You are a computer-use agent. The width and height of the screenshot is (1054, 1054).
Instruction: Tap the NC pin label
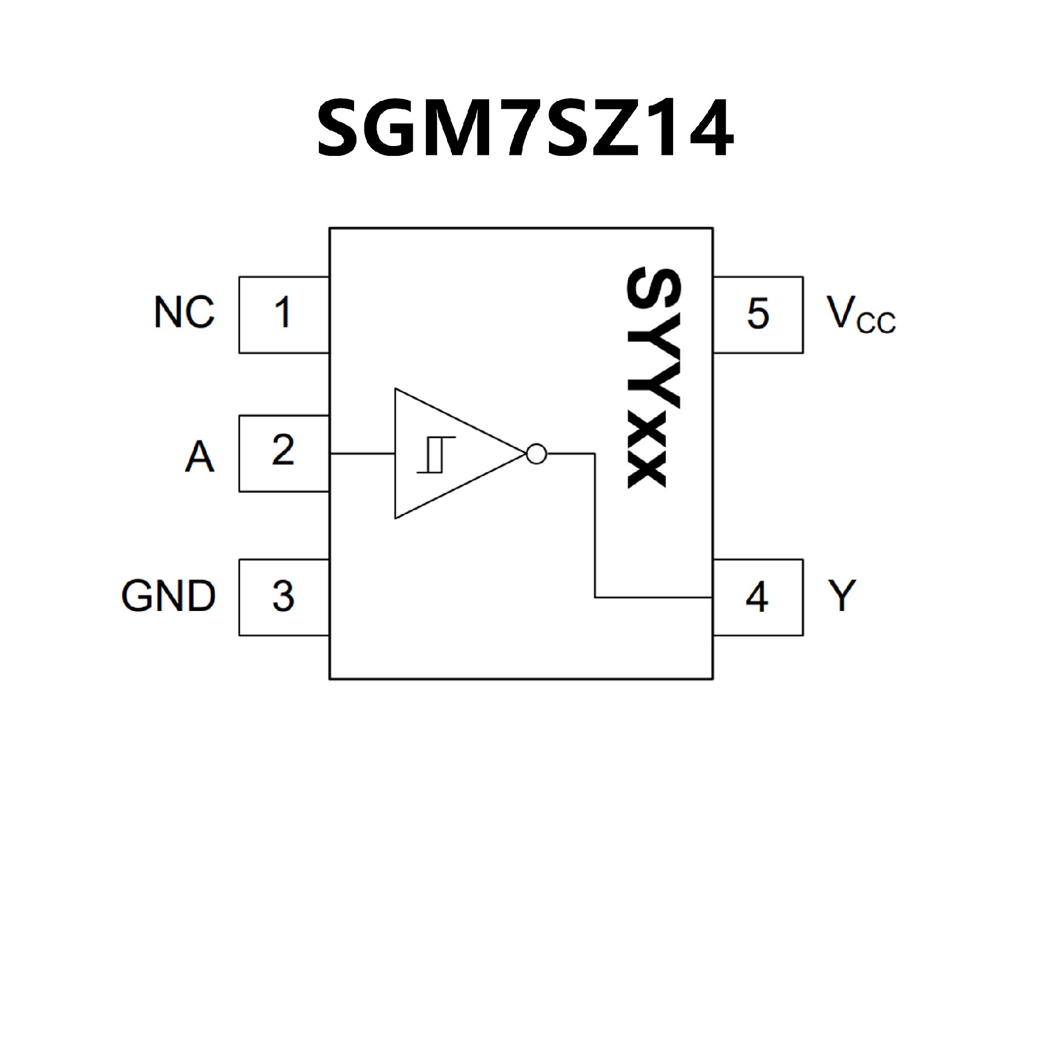tap(184, 313)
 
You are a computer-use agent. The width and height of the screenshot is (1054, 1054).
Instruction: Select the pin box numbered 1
tap(283, 314)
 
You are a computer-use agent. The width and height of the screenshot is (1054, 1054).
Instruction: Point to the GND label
tap(169, 596)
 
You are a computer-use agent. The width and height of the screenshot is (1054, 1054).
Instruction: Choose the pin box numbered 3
tap(283, 597)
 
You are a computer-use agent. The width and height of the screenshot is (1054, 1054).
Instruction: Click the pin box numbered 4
tap(758, 597)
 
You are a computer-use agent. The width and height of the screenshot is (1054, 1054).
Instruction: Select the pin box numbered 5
tap(758, 314)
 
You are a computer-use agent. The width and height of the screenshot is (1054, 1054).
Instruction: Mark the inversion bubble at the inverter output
tap(536, 454)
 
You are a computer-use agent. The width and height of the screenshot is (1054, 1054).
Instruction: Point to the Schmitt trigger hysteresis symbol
tap(436, 455)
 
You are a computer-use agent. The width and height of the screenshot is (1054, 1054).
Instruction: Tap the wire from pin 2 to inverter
tap(362, 454)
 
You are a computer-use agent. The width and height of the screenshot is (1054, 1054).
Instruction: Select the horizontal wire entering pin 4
tap(653, 597)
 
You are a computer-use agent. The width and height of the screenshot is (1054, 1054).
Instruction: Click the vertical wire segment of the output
tap(595, 527)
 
